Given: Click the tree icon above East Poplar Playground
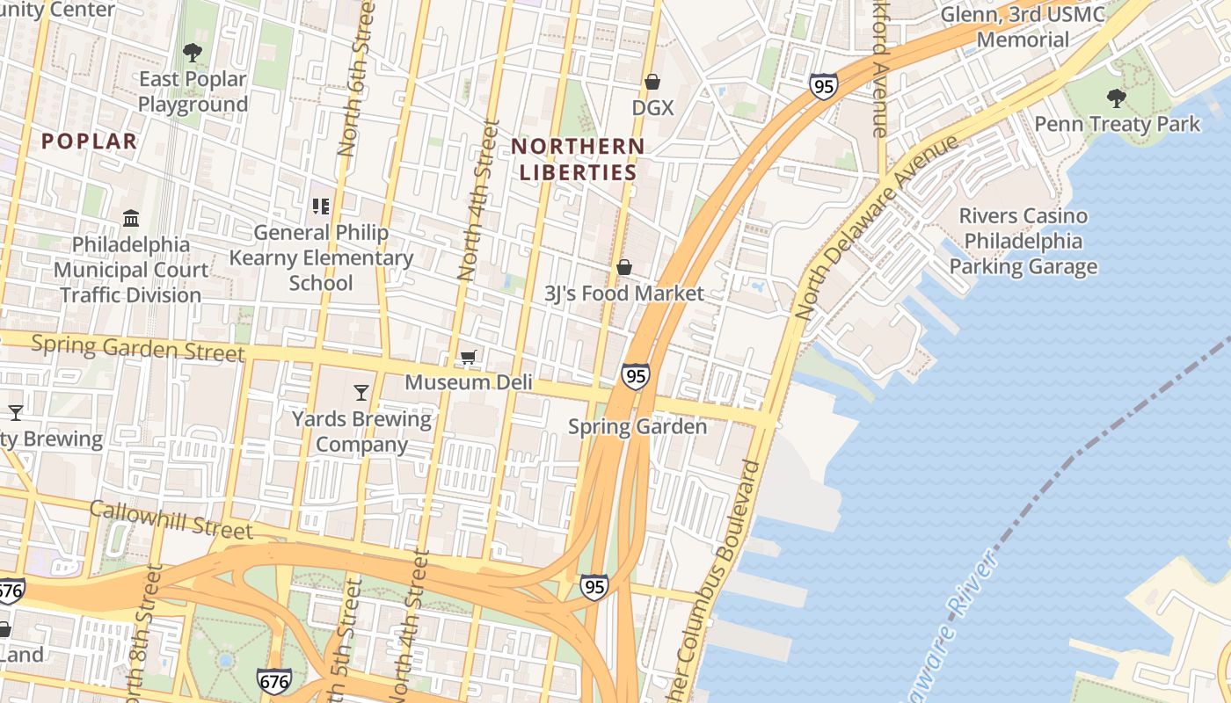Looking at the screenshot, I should pos(193,53).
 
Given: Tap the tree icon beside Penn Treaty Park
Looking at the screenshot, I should pos(1117,98).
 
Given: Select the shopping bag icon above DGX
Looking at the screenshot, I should pos(652,82).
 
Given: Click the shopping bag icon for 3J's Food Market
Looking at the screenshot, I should pos(624,267).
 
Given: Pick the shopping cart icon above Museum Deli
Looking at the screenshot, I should pos(469,357).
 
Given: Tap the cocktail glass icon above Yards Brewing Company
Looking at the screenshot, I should pos(361,392).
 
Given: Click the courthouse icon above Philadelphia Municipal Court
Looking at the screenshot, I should pos(131,218).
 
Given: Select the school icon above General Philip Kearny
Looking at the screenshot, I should pos(321,207).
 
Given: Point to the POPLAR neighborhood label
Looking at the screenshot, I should pos(90,141).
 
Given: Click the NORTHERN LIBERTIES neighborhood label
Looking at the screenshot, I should pos(578,159).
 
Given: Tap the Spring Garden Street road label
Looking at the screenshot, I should pos(138,348).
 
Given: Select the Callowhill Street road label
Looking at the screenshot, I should pos(171,519).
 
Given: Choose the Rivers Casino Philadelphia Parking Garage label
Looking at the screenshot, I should pos(1023,242).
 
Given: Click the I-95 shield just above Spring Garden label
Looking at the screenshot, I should pos(635,376).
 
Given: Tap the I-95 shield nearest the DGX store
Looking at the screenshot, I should pos(823,86).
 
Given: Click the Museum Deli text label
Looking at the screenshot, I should pos(459,382).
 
